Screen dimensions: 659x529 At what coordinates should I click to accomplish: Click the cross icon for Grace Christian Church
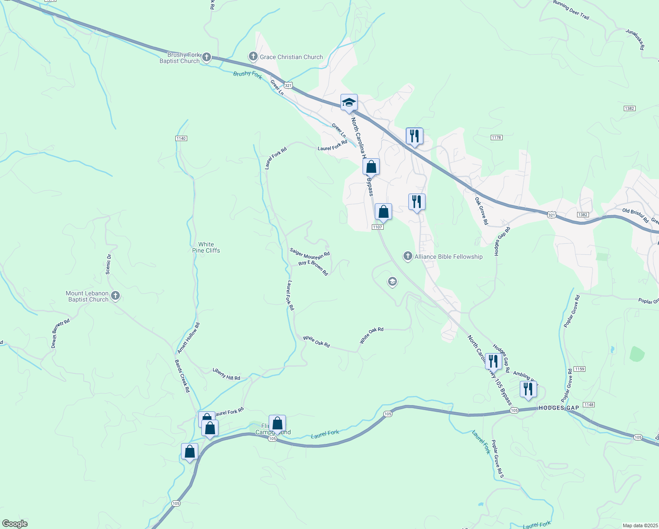(253, 56)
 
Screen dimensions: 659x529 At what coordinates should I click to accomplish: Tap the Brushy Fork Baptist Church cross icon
(206, 57)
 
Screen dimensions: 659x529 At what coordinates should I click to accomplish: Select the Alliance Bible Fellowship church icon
(408, 256)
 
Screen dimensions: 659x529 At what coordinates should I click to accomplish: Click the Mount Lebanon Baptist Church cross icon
(115, 296)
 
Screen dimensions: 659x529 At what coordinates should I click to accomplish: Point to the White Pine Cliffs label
(206, 247)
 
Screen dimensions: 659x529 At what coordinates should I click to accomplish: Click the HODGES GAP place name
(559, 408)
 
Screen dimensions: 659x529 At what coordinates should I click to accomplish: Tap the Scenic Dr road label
(108, 264)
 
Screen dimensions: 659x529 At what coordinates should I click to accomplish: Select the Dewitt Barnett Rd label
(60, 334)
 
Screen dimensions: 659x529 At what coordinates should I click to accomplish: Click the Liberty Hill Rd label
(226, 374)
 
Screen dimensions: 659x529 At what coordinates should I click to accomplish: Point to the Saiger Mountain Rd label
(310, 253)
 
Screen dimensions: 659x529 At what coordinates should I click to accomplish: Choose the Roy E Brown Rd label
(313, 268)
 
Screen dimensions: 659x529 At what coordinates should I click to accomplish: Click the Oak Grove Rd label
(481, 211)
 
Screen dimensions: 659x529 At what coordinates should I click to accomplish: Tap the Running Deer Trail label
(571, 10)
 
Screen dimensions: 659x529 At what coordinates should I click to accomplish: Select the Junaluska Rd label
(635, 39)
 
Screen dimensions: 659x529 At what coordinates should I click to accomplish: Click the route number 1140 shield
(181, 138)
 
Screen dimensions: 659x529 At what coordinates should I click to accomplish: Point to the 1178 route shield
(496, 138)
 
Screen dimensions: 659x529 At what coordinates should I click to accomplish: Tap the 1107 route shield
(378, 227)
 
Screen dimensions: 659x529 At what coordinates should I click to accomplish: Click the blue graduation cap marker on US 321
(348, 103)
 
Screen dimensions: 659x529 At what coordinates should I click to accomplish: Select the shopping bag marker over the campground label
(277, 424)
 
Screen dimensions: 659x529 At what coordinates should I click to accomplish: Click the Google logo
(15, 524)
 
